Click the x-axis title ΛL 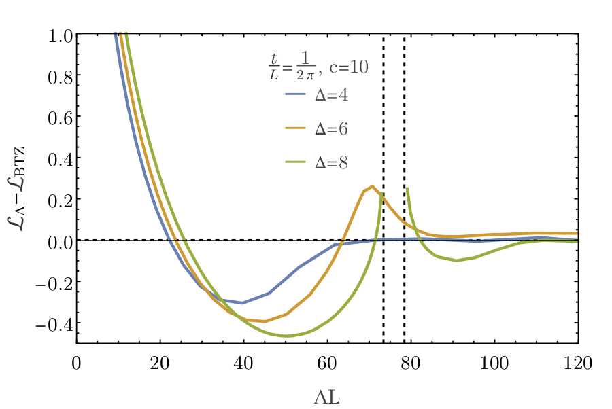point(327,394)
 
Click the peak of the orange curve point(372,186)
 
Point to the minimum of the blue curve point(243,303)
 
